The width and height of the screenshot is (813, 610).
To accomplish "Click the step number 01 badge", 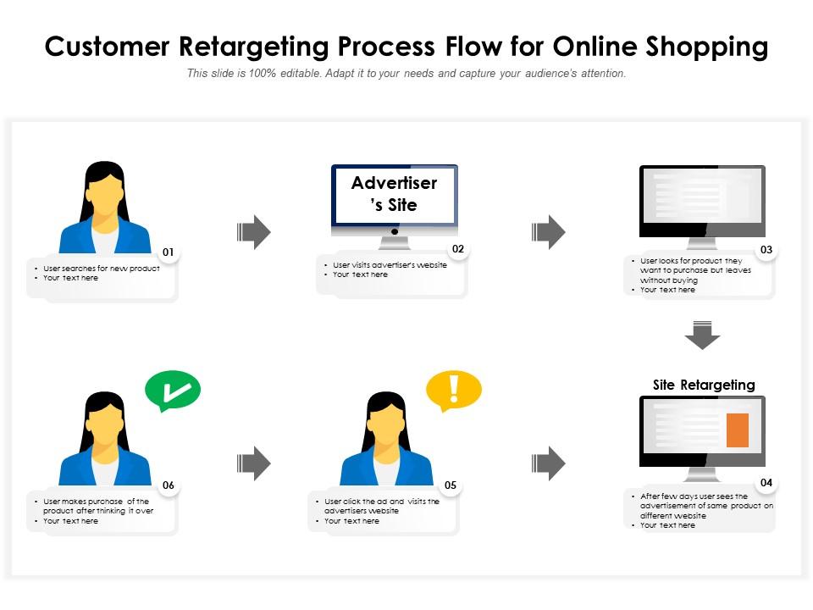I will (x=169, y=252).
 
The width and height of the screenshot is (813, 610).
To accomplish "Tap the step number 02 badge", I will (x=458, y=249).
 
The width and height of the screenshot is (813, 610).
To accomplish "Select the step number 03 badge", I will (x=766, y=250).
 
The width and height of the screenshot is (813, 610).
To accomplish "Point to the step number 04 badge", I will (x=766, y=483).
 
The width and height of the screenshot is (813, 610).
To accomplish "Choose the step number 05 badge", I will (x=451, y=485).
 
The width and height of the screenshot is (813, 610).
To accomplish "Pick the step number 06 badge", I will (x=169, y=485).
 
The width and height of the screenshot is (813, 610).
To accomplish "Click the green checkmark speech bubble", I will (x=173, y=391).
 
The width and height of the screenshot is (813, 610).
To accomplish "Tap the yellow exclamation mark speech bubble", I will (x=454, y=390).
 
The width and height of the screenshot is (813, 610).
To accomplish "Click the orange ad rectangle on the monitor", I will (x=738, y=430).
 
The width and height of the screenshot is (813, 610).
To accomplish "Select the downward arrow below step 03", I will (x=702, y=335).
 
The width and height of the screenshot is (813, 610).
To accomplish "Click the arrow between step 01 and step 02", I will (x=253, y=232).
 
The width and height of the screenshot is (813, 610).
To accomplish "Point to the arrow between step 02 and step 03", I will (x=548, y=232).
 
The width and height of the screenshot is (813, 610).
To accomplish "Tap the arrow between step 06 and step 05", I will (x=253, y=463).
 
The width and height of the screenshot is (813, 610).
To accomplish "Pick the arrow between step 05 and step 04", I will (x=548, y=463).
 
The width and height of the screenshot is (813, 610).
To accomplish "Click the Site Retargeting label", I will (x=704, y=385).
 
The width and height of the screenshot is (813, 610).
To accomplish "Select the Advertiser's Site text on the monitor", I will (x=395, y=194).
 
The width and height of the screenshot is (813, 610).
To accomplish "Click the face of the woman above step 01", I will (x=105, y=201).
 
